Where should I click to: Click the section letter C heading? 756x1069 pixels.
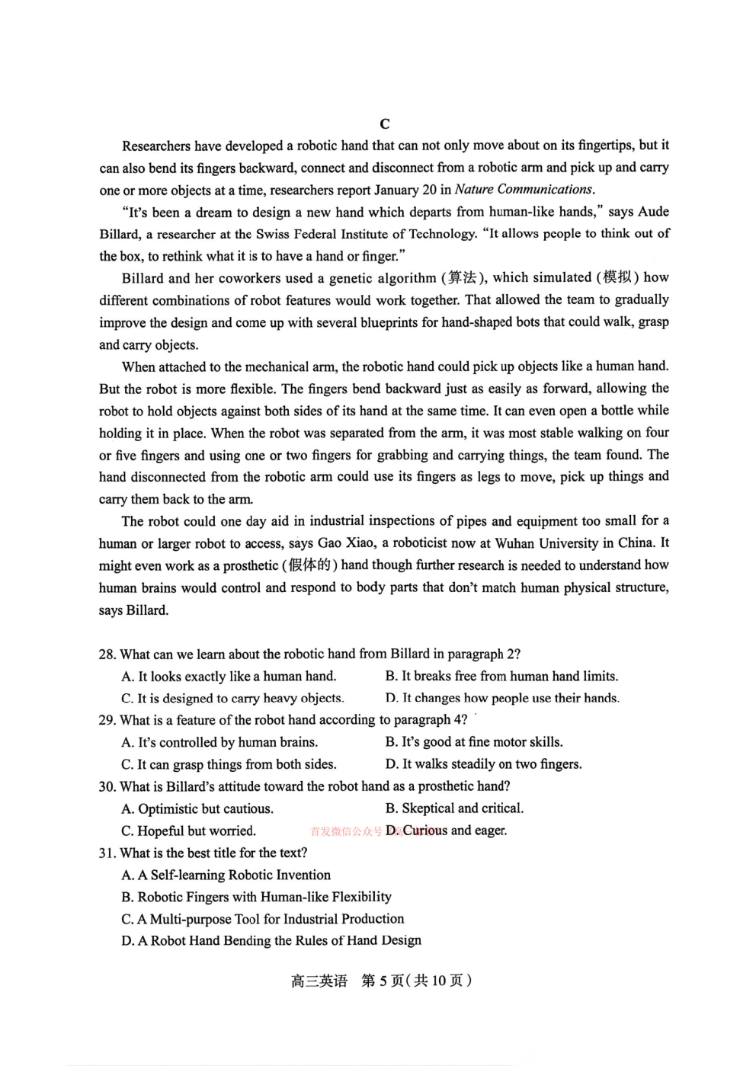point(384,124)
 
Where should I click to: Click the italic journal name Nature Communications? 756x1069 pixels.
point(524,190)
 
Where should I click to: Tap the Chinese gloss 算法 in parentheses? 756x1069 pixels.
point(462,278)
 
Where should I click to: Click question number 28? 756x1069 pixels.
point(107,655)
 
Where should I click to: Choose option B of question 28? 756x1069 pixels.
point(501,677)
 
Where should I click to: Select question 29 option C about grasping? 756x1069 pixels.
point(229,764)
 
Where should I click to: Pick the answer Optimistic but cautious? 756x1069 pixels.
point(197,809)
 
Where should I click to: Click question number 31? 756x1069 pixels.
point(107,853)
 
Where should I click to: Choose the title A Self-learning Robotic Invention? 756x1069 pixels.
point(226,875)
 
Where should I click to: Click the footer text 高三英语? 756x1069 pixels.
point(319,981)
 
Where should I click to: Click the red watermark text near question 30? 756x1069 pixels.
point(347,832)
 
